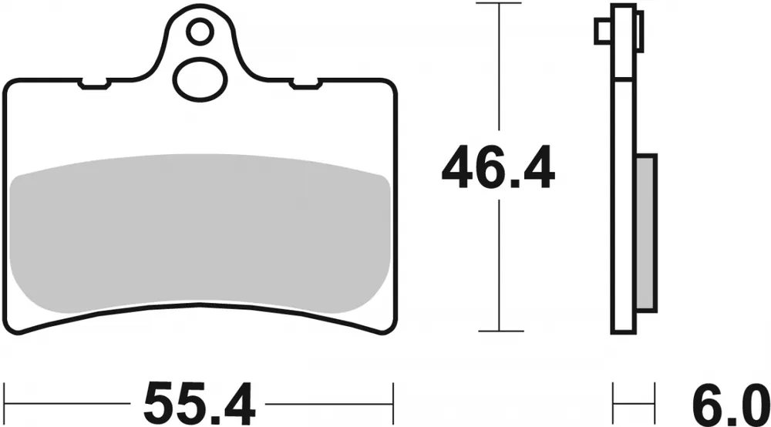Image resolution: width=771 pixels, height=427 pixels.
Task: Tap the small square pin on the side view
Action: (x=602, y=31)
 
